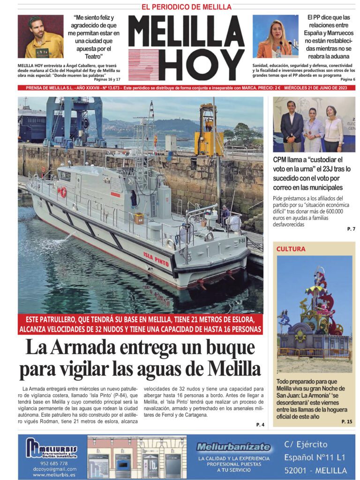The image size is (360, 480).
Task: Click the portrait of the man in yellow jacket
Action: pos(40,37)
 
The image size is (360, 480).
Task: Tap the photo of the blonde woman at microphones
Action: pos(275,37)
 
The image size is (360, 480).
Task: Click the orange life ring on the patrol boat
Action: pos(62,191)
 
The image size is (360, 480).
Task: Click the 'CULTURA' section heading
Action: pos(291,249)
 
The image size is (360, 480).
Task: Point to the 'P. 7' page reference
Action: pos(351,229)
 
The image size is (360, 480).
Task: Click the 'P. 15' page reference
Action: pos(347,422)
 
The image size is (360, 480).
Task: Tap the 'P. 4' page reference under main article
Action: pos(260,425)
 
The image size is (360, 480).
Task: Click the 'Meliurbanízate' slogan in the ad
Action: pos(233,447)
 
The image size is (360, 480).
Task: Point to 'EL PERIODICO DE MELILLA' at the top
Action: pos(180,7)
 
